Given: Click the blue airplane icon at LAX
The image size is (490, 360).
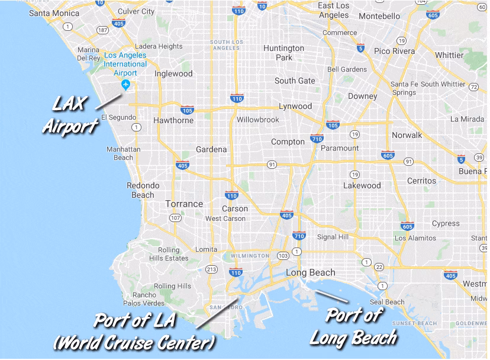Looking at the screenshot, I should (x=125, y=85).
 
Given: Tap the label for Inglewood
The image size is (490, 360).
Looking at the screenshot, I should (x=173, y=74).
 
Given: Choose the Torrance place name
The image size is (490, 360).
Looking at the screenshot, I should (x=184, y=204).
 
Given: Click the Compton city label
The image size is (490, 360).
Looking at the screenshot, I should (x=288, y=142).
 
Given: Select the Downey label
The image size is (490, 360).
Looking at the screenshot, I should (x=362, y=96).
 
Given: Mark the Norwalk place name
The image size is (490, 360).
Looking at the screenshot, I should (x=407, y=135).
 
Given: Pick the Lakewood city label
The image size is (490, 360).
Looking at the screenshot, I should (x=362, y=185).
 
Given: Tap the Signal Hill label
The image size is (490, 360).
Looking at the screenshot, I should (x=334, y=237).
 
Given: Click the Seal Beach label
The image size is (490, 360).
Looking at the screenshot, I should (x=387, y=302).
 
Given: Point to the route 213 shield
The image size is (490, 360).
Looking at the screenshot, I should (x=211, y=269).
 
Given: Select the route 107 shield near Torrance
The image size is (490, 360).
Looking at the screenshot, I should (x=175, y=218).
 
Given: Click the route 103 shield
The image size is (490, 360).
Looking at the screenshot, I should (x=283, y=256).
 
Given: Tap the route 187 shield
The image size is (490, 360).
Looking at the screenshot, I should (x=102, y=30).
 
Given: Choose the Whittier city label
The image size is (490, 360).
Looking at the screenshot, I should (x=449, y=55).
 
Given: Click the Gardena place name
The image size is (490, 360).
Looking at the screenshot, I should (x=211, y=149).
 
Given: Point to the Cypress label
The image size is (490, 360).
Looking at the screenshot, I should (x=445, y=223).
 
